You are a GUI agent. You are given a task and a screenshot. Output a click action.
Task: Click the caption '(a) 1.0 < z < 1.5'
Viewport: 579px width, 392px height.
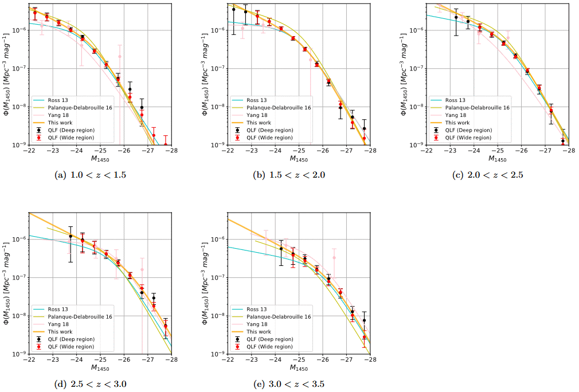90,175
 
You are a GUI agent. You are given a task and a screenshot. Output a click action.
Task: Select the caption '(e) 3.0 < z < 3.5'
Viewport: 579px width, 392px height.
289,384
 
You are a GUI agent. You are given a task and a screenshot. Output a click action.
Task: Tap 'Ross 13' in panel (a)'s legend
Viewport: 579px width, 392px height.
58,100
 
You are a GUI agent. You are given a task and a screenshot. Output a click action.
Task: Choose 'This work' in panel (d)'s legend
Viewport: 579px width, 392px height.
60,331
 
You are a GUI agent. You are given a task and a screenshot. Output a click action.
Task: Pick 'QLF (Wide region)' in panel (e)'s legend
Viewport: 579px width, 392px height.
269,347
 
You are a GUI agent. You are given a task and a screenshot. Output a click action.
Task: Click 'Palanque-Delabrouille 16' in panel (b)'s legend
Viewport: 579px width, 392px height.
279,107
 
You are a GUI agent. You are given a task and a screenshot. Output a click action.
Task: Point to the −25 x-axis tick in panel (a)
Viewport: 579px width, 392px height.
100,151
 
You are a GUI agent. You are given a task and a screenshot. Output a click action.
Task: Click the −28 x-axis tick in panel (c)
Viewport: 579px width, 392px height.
569,151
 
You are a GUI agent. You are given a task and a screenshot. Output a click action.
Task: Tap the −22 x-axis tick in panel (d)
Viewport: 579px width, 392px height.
29,359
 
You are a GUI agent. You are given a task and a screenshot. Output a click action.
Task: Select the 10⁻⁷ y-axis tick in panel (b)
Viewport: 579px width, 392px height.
217,68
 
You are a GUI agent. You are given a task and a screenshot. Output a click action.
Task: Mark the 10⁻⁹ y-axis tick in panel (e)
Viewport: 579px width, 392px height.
217,354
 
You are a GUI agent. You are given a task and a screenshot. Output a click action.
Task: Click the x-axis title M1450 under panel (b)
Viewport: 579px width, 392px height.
298,159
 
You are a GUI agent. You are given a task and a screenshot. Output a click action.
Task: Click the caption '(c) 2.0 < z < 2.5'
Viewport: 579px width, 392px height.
487,175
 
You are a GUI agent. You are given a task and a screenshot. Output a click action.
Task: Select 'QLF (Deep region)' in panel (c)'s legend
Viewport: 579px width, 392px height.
468,130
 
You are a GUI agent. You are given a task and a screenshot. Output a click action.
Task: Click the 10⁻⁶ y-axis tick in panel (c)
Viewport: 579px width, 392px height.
416,30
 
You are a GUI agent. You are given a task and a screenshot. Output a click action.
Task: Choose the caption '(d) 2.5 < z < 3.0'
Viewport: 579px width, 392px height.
90,384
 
